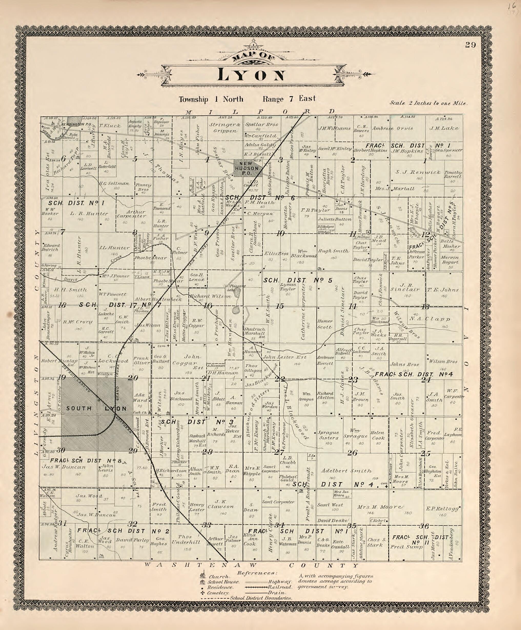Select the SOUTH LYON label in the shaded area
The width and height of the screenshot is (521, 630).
(x=96, y=409)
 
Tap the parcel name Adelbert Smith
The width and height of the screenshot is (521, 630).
(x=346, y=471)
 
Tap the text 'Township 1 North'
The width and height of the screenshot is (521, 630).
(x=211, y=99)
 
